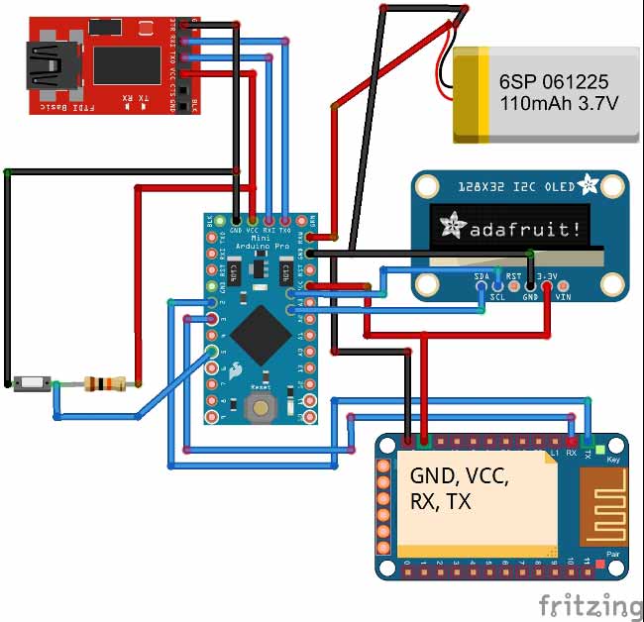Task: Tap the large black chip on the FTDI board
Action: tap(126, 64)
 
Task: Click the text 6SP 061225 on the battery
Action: tap(554, 82)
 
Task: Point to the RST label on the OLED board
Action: tap(513, 276)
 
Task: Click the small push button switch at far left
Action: tap(32, 382)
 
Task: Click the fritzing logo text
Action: tap(590, 603)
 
